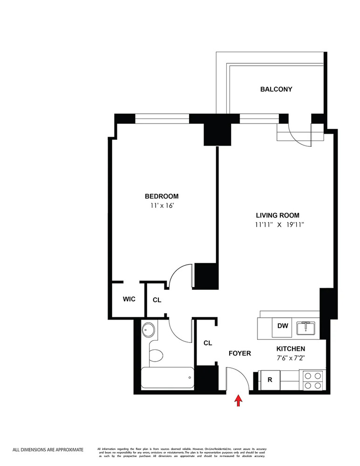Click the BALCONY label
(x=276, y=89)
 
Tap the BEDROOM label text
(x=161, y=196)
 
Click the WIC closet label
(x=129, y=299)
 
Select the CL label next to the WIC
(x=157, y=300)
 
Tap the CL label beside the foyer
(x=208, y=343)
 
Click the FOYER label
(x=239, y=353)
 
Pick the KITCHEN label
(x=291, y=349)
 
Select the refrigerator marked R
(x=270, y=380)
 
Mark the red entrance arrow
(x=239, y=400)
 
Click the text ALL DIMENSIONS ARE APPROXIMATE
(x=48, y=450)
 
